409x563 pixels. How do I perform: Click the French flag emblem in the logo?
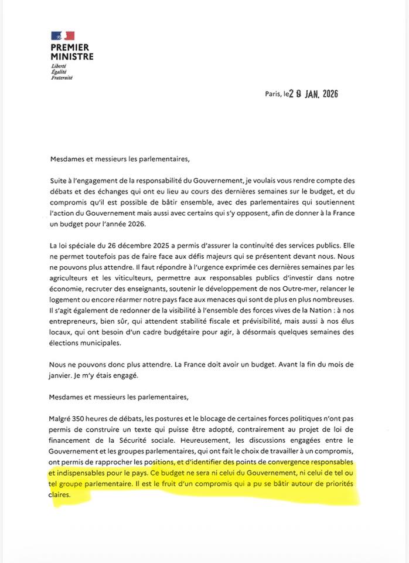pyautogui.click(x=62, y=36)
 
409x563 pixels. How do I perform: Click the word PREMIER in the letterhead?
pyautogui.click(x=70, y=48)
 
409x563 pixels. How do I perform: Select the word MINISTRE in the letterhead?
pyautogui.click(x=71, y=56)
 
